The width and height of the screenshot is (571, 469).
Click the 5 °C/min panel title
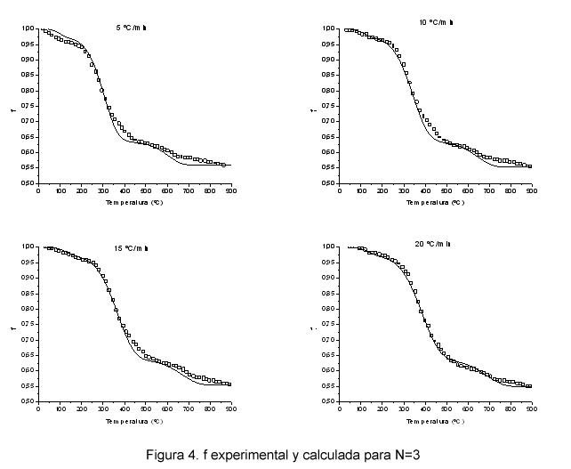click(133, 28)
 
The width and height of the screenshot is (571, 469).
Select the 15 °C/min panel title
click(131, 247)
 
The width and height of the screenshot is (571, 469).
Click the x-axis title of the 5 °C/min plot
click(136, 203)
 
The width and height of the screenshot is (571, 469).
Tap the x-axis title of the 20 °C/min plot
click(436, 421)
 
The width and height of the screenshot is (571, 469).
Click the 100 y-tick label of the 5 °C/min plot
click(28, 29)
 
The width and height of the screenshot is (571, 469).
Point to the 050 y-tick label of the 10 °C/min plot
click(329, 183)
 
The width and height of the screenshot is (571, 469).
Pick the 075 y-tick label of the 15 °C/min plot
click(28, 324)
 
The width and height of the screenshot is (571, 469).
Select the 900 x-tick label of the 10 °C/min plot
click(530, 190)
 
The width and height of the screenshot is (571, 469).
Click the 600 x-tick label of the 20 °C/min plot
click(467, 408)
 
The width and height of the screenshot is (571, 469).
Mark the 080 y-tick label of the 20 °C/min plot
click(329, 308)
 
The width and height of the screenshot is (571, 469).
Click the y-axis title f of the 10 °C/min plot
click(313, 109)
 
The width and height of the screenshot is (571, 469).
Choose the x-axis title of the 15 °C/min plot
click(136, 421)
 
